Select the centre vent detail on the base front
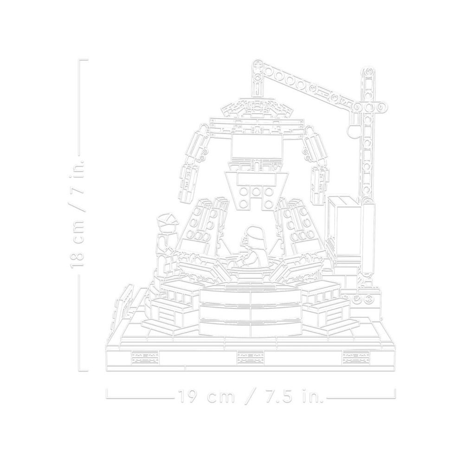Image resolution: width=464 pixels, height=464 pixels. point(250,357)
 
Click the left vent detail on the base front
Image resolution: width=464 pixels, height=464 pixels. point(145,357)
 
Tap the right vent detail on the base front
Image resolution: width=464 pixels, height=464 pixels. point(356,357)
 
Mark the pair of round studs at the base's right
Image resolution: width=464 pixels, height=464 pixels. point(365,297)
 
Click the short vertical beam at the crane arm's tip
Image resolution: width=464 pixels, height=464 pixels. point(257,81)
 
